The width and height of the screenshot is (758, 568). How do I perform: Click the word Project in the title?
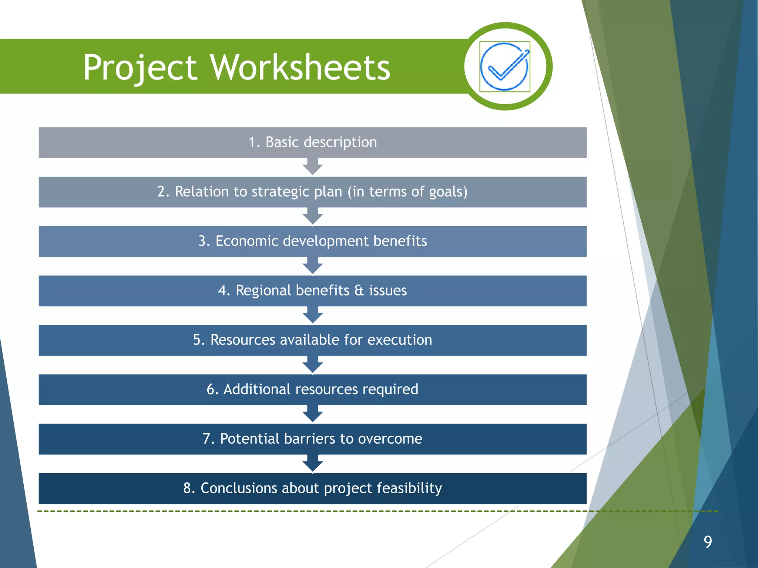140,68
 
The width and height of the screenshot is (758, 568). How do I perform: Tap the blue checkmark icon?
504,67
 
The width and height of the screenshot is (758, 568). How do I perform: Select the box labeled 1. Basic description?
312,142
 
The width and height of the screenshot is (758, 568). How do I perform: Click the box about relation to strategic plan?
312,192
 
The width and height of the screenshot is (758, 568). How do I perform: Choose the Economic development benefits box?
312,241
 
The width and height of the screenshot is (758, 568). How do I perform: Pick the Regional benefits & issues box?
312,291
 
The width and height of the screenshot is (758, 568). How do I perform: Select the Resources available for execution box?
312,340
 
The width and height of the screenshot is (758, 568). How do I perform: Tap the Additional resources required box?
312,389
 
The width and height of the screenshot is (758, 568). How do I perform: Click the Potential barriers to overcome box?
312,439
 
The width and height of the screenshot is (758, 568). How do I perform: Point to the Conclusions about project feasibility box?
312,488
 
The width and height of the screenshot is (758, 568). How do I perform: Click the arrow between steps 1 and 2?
313,167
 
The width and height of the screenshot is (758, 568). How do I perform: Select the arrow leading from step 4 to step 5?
313,315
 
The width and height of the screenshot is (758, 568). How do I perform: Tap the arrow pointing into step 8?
313,464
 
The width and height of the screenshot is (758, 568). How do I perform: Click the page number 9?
708,542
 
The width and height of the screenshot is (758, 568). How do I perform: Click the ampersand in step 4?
359,291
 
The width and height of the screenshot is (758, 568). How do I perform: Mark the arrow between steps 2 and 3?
313,217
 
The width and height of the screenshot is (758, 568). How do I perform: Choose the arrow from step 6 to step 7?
313,414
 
